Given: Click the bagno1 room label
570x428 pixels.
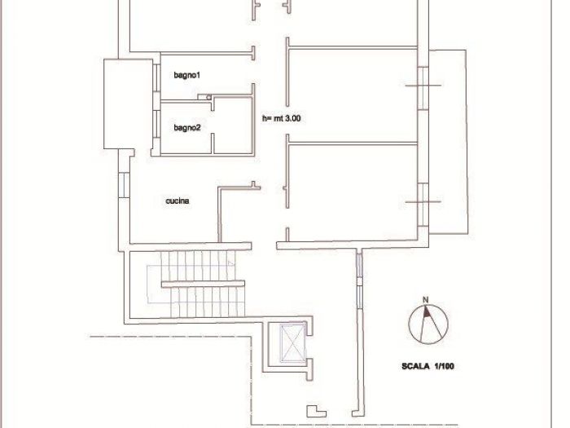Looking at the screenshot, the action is pyautogui.click(x=186, y=75).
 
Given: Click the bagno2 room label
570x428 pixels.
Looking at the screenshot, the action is pyautogui.click(x=187, y=128).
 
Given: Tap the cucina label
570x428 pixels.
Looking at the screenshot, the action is pyautogui.click(x=178, y=201).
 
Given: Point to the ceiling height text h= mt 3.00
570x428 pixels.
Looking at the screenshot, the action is pyautogui.click(x=282, y=118).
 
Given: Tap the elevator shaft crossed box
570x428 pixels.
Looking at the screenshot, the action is pyautogui.click(x=292, y=344).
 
